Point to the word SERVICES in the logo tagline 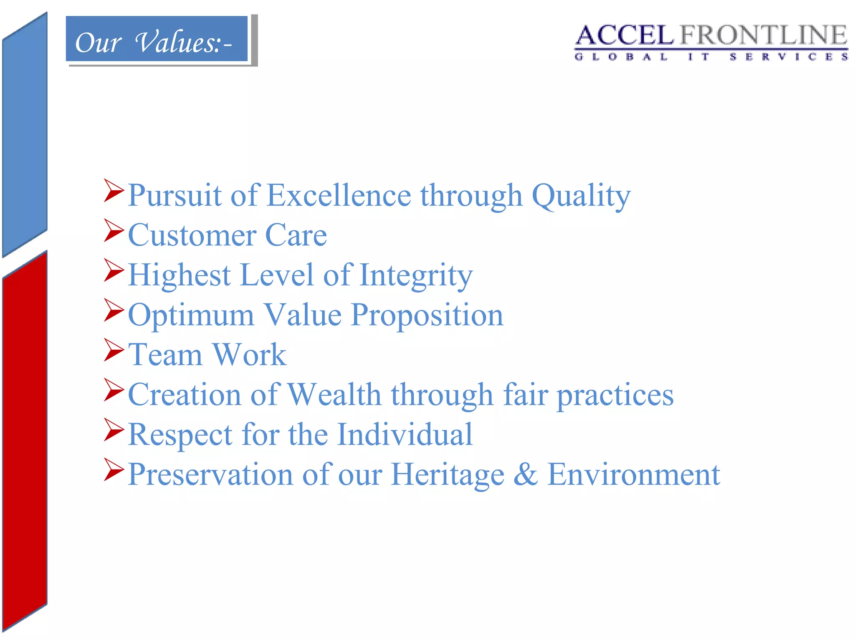(789, 57)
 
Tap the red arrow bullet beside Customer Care (114, 230)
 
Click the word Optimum (191, 315)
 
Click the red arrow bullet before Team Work (114, 350)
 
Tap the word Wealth (334, 394)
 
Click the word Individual (405, 434)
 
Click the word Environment (633, 474)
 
